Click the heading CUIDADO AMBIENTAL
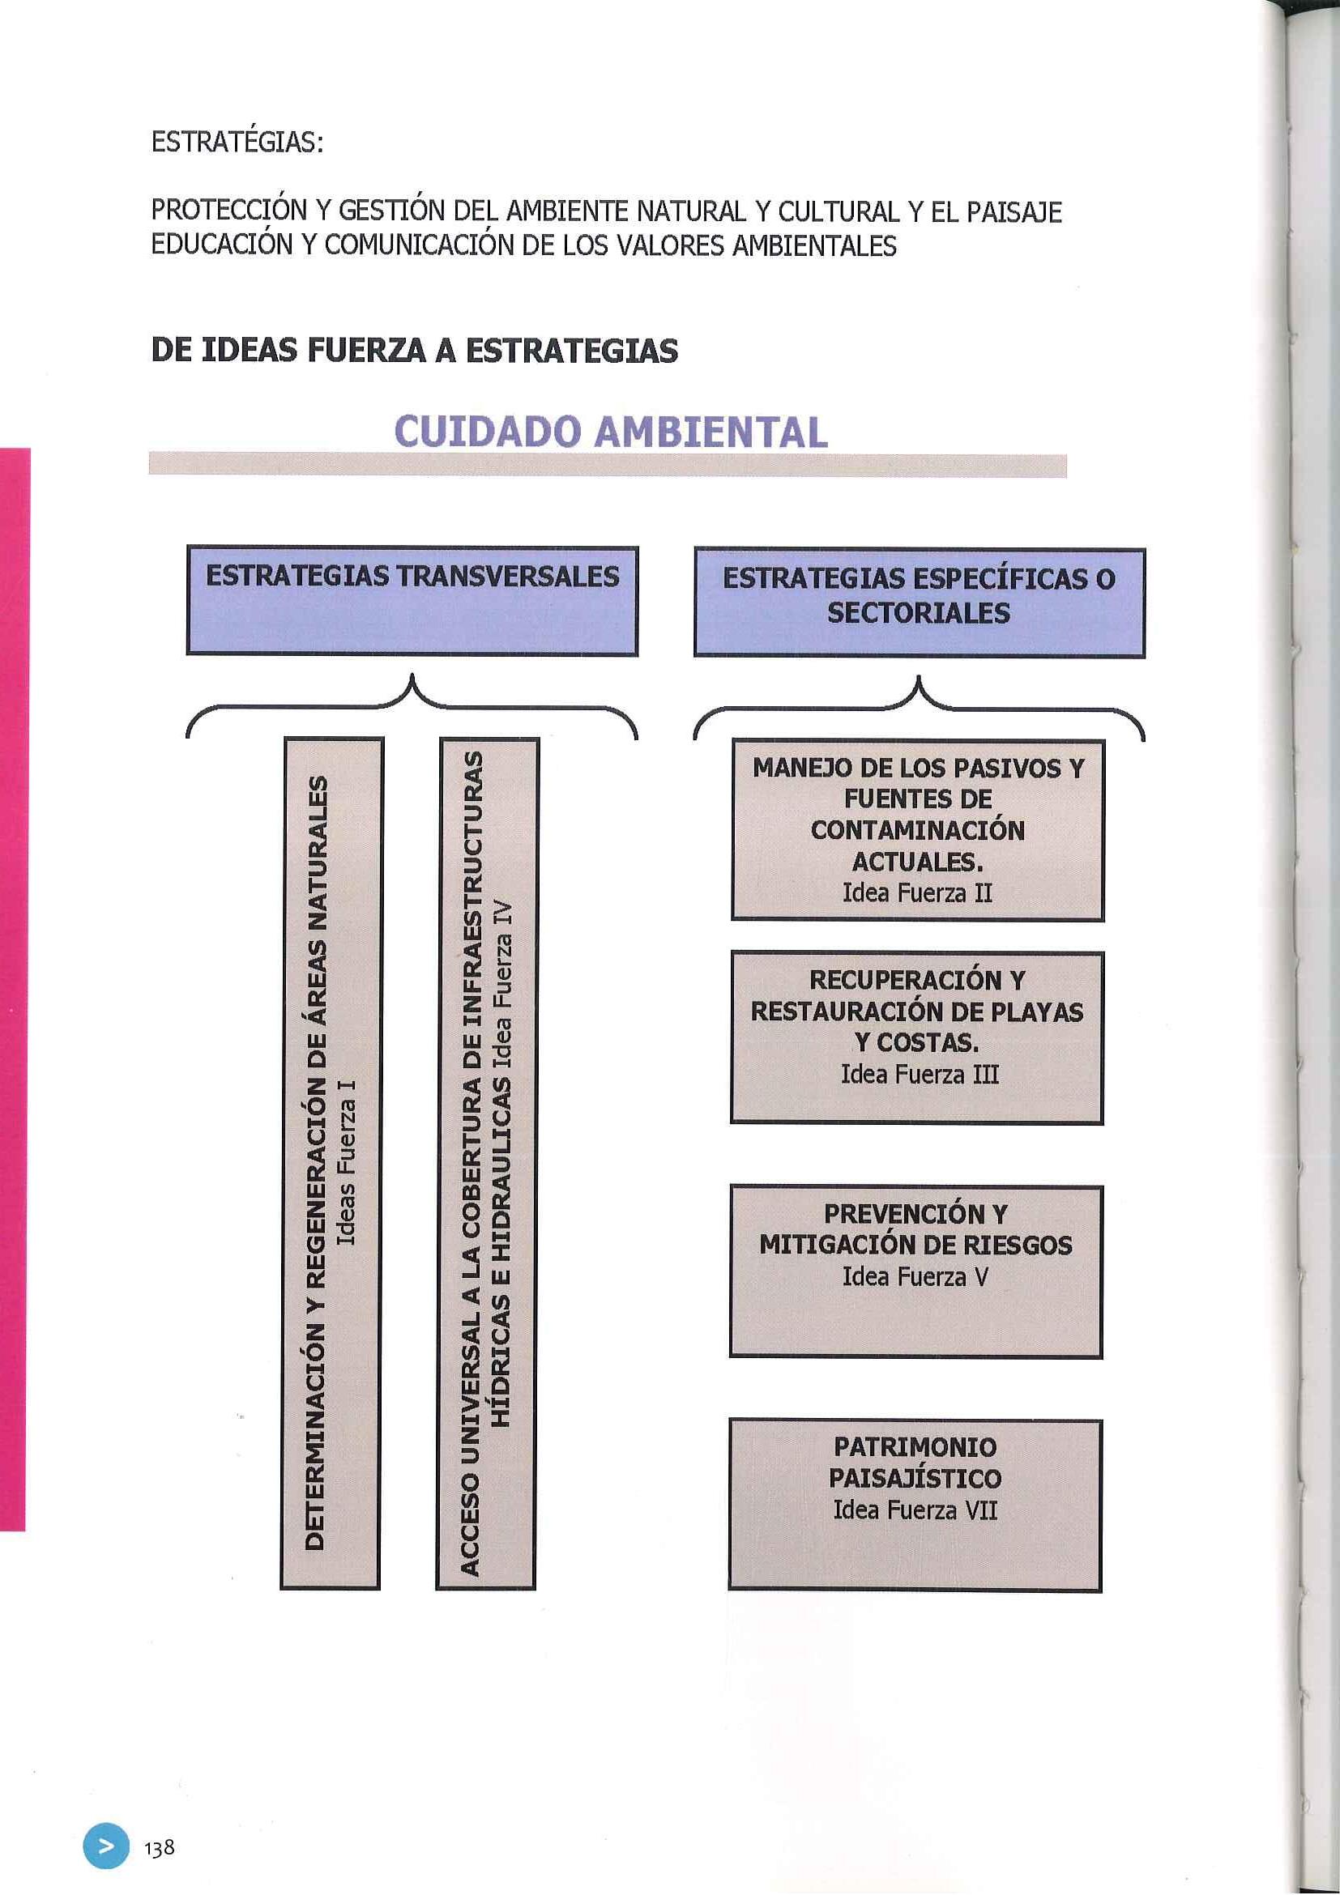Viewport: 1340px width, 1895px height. (x=611, y=431)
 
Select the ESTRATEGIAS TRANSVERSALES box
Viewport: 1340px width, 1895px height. (x=412, y=601)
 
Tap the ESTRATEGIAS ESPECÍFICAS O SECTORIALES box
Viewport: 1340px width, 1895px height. (x=919, y=602)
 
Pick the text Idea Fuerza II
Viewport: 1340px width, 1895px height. (x=916, y=893)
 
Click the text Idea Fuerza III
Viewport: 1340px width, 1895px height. (x=919, y=1075)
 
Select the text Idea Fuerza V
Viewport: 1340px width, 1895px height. (x=915, y=1277)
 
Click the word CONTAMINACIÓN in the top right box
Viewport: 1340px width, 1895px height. (x=917, y=830)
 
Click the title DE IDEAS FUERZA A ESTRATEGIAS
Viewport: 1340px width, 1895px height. (x=414, y=351)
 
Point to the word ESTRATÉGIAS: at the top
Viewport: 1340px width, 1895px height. (x=236, y=143)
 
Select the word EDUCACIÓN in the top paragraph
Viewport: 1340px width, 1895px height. (x=220, y=246)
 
